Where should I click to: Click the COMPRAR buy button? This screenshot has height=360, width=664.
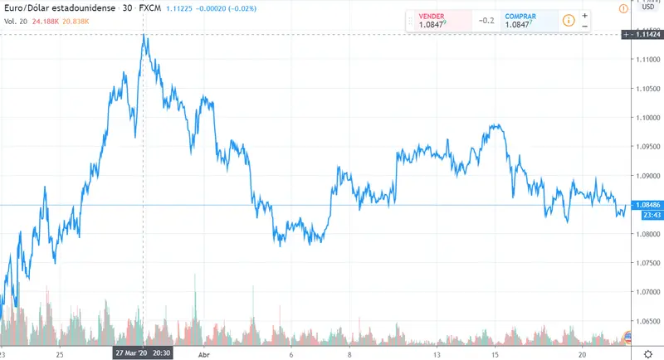pos(521,21)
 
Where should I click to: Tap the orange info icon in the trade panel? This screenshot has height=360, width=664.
pos(569,21)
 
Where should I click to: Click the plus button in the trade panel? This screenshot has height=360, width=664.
pos(585,15)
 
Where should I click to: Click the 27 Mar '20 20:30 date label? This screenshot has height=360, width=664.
pos(143,353)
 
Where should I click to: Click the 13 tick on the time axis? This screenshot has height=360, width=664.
pos(425,353)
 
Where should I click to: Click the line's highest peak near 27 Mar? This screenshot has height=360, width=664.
pos(144,36)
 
